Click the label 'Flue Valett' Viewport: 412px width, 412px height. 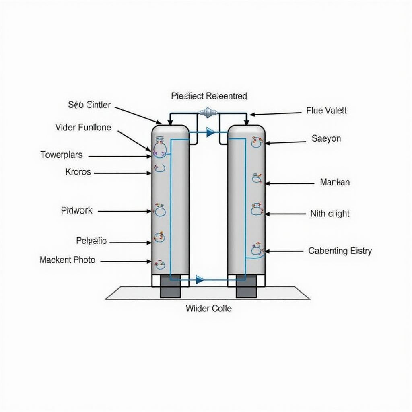click(x=326, y=111)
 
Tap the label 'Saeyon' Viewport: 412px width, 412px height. click(x=326, y=139)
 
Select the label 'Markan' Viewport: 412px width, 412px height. click(x=335, y=182)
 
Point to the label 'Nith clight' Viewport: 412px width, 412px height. click(x=330, y=214)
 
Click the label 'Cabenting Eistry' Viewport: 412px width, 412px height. click(x=340, y=251)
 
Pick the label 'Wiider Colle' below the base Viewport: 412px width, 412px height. click(x=208, y=309)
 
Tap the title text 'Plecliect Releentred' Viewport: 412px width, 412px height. click(x=209, y=96)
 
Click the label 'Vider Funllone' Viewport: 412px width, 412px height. click(x=83, y=128)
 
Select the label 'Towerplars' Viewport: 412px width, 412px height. click(x=62, y=154)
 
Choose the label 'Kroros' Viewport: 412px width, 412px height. click(x=78, y=172)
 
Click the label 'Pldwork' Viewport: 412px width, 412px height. click(x=77, y=210)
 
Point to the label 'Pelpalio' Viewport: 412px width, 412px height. click(x=91, y=241)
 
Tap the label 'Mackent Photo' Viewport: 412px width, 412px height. click(x=68, y=260)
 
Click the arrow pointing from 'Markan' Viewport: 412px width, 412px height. click(x=289, y=183)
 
